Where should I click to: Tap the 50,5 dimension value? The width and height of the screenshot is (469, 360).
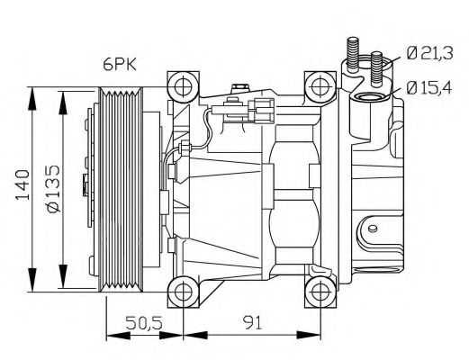click(147, 320)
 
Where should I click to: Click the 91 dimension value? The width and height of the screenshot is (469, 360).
click(253, 320)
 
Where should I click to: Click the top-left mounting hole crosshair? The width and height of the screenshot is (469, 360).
click(185, 87)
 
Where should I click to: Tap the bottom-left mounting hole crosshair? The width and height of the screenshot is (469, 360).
click(185, 290)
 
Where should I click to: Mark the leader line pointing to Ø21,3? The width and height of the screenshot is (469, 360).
click(392, 61)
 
